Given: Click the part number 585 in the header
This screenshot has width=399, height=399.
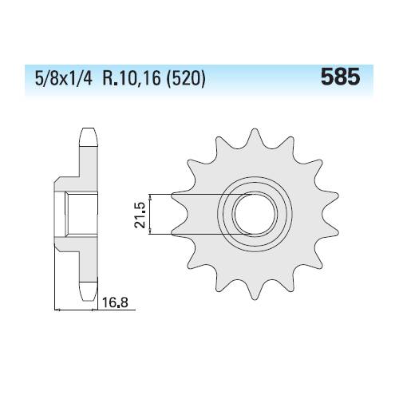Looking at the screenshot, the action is (340, 77).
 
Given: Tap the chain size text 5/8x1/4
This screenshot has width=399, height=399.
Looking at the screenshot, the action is (64, 79).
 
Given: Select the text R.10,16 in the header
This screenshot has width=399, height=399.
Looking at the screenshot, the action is (132, 79).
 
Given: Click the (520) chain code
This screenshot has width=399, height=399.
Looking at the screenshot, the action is (186, 79).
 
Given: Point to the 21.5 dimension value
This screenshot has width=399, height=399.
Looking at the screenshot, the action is (140, 215).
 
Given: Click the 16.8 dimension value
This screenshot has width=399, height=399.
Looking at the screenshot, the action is (115, 302).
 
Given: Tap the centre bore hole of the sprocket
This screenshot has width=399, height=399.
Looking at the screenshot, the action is (255, 215).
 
